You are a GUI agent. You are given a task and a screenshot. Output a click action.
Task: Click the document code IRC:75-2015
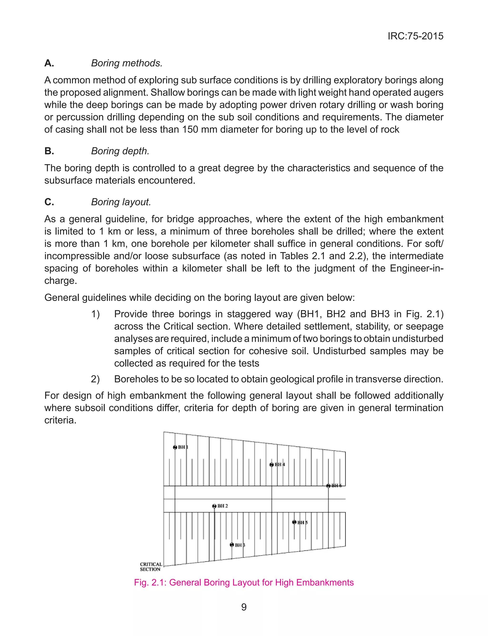(415, 36)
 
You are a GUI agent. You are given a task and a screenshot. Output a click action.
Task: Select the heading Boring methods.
(127, 63)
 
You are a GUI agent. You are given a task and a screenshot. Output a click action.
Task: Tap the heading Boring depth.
(120, 151)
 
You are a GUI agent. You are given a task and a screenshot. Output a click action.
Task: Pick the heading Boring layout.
(121, 202)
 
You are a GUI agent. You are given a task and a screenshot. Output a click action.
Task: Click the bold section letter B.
(49, 151)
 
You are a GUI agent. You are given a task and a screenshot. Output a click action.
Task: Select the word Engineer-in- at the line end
(417, 268)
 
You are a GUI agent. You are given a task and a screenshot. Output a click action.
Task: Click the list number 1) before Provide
(95, 314)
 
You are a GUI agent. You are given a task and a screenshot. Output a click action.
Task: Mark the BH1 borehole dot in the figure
(175, 447)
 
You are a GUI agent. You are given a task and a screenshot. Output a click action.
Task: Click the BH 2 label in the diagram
(223, 506)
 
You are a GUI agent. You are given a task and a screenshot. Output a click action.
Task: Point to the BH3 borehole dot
(232, 545)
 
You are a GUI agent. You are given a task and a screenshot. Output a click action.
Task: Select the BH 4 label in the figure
(280, 465)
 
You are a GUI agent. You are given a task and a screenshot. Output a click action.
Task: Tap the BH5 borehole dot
(294, 522)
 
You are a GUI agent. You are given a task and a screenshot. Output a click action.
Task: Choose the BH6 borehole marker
(328, 486)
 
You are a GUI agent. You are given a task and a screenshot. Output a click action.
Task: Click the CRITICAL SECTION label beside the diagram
(151, 567)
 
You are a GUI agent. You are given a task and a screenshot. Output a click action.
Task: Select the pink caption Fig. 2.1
(244, 583)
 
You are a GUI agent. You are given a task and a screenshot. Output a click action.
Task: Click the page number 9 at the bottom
(244, 607)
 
